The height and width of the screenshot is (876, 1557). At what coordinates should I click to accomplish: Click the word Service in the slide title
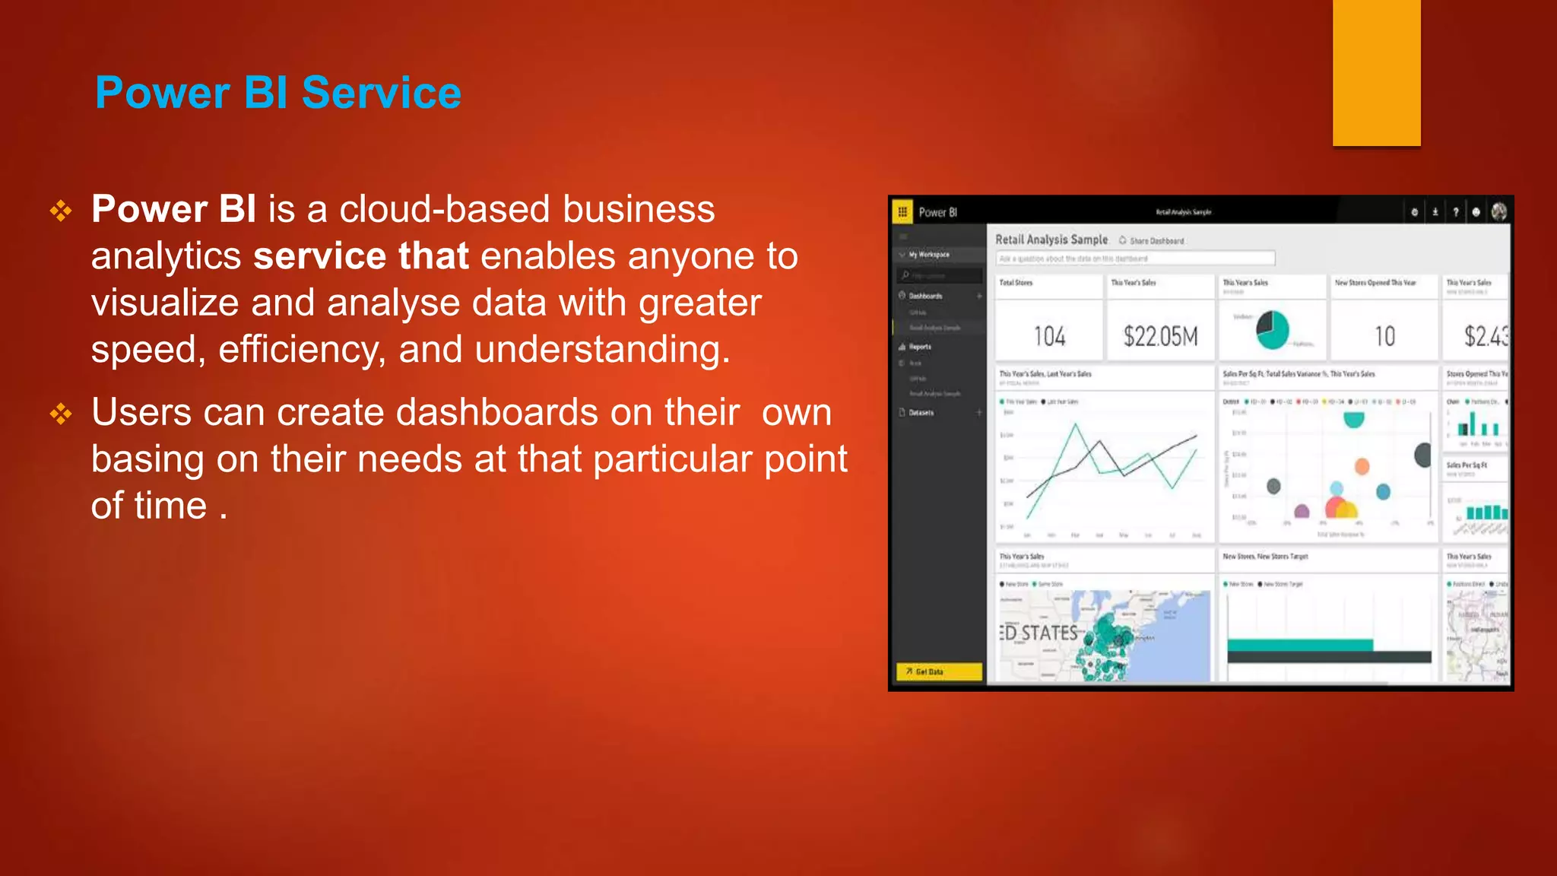381,93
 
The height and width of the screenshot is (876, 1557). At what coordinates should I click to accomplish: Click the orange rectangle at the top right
1376,72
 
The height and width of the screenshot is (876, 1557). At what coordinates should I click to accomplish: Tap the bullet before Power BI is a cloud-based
61,211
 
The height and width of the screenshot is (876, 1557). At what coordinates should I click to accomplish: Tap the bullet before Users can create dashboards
61,414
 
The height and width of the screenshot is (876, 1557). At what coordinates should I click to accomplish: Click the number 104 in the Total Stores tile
1049,336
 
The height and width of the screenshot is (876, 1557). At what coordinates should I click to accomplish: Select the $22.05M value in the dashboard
1160,336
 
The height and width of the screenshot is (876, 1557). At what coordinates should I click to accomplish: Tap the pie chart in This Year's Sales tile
1272,329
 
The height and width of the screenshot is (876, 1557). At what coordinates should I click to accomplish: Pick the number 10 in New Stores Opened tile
1384,336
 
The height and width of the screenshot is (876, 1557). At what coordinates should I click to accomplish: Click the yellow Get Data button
939,671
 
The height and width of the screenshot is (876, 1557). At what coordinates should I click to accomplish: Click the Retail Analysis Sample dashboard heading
1051,240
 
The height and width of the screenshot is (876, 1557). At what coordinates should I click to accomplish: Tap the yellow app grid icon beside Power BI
902,212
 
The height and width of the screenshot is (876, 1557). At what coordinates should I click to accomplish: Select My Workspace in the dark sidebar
928,255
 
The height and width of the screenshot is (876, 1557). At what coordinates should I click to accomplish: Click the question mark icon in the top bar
1455,212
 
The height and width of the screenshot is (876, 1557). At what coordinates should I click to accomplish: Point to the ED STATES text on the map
1039,633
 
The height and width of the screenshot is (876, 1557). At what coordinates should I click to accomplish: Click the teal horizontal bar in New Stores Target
1299,645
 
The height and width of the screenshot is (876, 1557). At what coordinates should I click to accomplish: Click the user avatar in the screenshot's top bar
1498,212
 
